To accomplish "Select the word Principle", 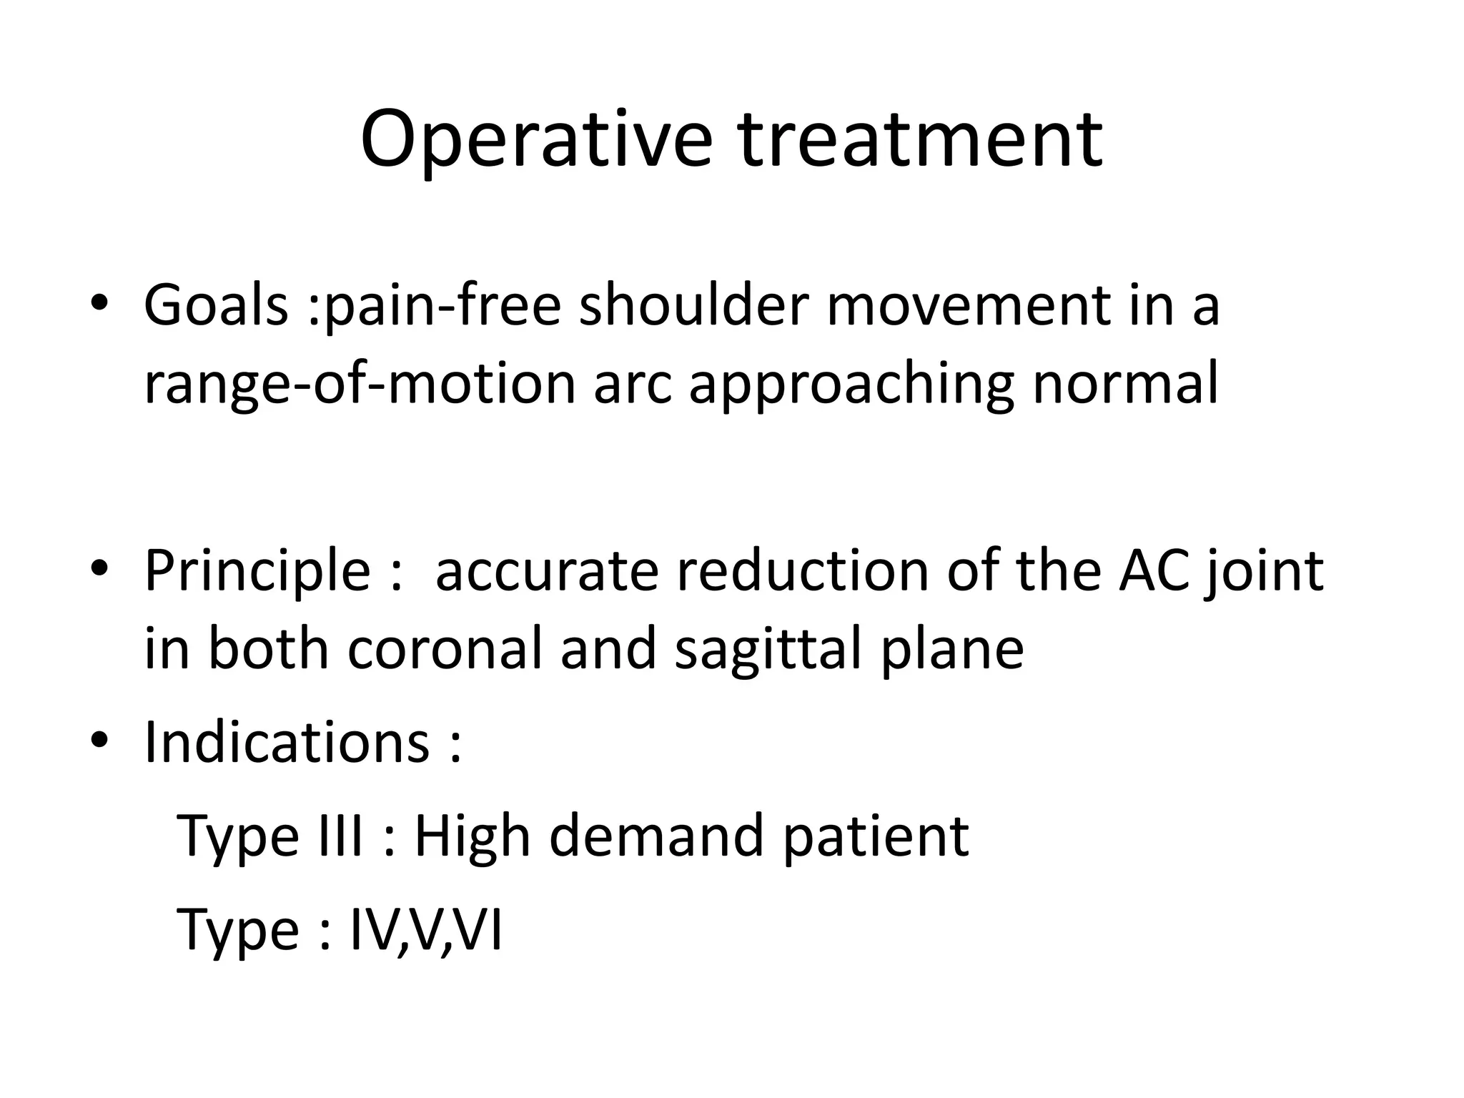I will click(257, 572).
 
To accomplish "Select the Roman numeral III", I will click(337, 835).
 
